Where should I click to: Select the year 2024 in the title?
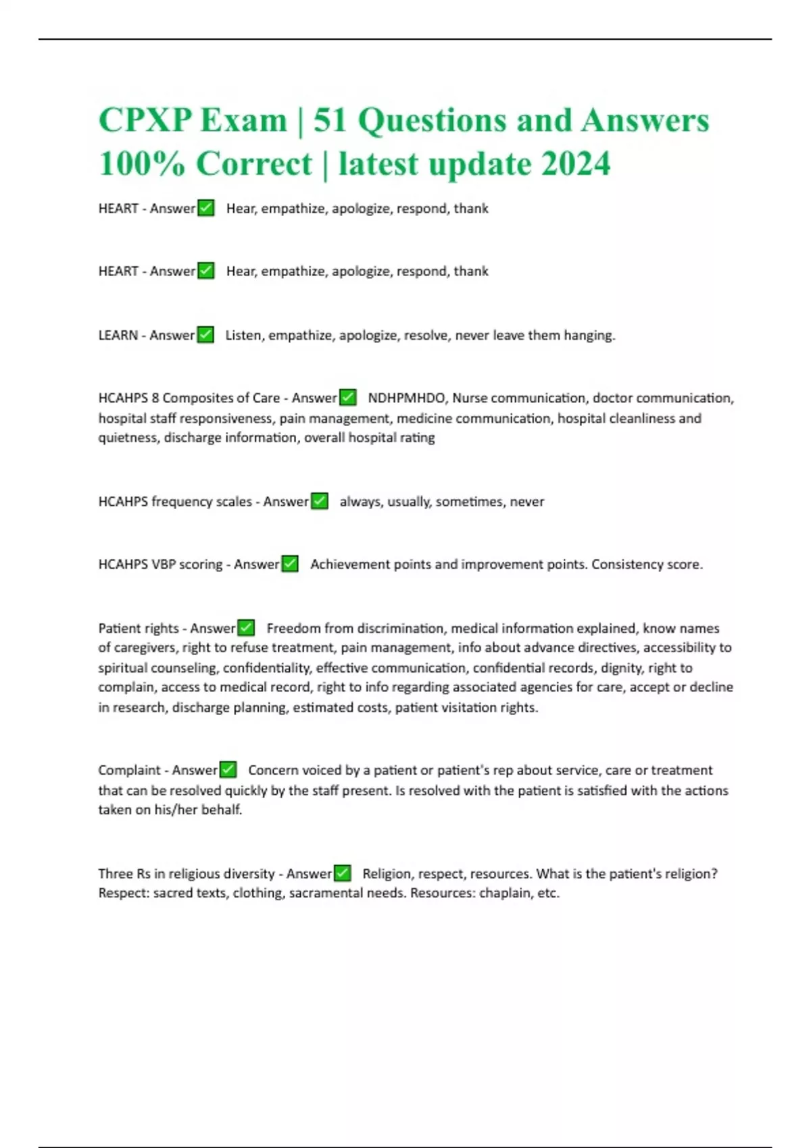(576, 163)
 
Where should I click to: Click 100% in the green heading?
(141, 163)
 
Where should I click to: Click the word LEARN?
(118, 335)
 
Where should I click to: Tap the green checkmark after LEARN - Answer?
(205, 335)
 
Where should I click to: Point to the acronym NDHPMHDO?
(406, 398)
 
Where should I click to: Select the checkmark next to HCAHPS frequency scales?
(319, 501)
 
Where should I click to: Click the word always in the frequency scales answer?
(360, 502)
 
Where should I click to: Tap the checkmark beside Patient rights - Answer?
(246, 628)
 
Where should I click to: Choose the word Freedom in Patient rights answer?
(293, 628)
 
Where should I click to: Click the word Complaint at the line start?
(129, 771)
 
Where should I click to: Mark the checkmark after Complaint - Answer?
(228, 770)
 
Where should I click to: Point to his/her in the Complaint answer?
(176, 810)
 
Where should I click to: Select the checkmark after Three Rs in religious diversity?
(343, 873)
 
